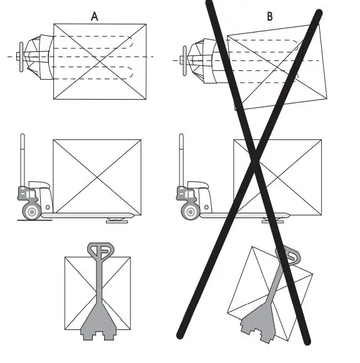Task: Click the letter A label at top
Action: (x=95, y=16)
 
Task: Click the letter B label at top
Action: (x=270, y=16)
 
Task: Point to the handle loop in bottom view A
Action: (x=100, y=251)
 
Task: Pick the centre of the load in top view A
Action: (x=100, y=61)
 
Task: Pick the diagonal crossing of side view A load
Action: (x=97, y=177)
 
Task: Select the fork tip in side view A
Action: (x=133, y=216)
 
